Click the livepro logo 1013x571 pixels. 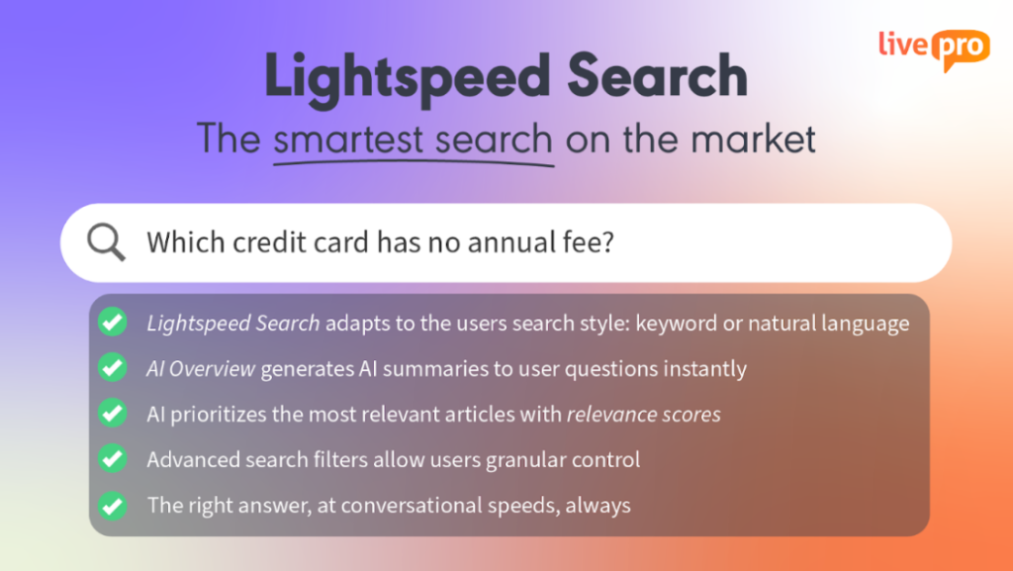[x=934, y=49]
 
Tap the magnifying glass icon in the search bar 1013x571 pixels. [x=106, y=242]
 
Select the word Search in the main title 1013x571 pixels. [x=657, y=76]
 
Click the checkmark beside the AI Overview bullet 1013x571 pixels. [x=113, y=367]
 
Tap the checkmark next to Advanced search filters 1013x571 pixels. [x=113, y=458]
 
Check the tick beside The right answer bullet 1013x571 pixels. [x=113, y=505]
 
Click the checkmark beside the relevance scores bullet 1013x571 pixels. [x=113, y=413]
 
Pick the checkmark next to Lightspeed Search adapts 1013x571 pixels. [x=113, y=322]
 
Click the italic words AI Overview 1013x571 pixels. [x=201, y=369]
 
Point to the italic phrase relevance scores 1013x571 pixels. [x=643, y=414]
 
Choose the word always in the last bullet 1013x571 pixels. [x=598, y=506]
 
